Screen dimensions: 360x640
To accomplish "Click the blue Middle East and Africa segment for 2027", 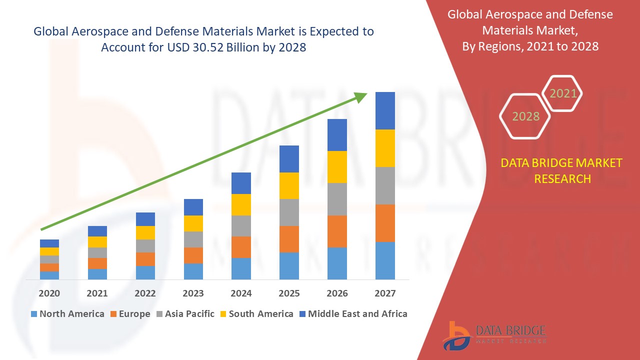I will click(x=385, y=110).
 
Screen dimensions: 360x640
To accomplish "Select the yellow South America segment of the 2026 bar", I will click(x=337, y=166).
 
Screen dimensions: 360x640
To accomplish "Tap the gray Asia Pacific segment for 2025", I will click(x=289, y=212).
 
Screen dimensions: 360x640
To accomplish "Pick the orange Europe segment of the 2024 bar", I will click(x=241, y=247).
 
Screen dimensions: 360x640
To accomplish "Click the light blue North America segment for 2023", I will click(x=193, y=271).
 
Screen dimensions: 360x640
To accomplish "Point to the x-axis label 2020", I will click(x=49, y=293).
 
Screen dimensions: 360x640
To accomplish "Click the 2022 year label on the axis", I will click(x=145, y=293).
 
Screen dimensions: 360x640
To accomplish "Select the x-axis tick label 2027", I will click(x=385, y=293).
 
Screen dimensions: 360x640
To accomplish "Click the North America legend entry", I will click(x=67, y=314).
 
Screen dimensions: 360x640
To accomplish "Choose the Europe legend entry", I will click(x=129, y=314).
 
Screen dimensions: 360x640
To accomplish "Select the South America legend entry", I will click(x=256, y=314).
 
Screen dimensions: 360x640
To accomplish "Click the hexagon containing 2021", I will click(x=563, y=93).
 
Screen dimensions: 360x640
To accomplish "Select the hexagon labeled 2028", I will click(x=525, y=116).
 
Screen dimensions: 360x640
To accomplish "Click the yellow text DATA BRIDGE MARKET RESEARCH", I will click(x=562, y=171).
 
